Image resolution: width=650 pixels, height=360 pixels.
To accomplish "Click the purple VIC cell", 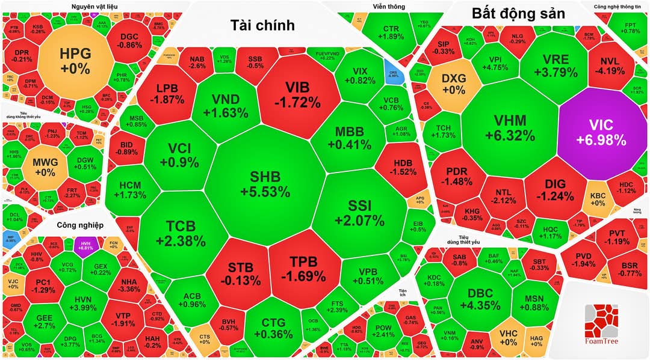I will pyautogui.click(x=602, y=133).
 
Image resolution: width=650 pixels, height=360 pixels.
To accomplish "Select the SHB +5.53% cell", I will pyautogui.click(x=265, y=184).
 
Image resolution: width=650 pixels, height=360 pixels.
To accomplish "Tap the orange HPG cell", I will pyautogui.click(x=75, y=61).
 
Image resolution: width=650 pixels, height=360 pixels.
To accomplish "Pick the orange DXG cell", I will pyautogui.click(x=453, y=84).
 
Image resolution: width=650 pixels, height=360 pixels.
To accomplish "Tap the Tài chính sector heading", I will pyautogui.click(x=262, y=25).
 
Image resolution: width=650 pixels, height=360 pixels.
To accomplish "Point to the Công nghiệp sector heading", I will pyautogui.click(x=81, y=226).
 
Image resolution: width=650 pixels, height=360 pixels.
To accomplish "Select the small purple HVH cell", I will pyautogui.click(x=87, y=245).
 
